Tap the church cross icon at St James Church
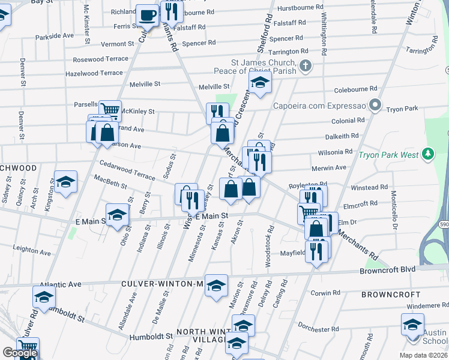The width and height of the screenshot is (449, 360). pos(305,65)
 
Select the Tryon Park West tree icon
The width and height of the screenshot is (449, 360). pos(427,154)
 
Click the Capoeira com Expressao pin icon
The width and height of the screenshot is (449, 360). pos(375,106)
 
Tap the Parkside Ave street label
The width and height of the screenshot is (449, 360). pos(54,36)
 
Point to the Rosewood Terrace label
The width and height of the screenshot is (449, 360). pos(100,59)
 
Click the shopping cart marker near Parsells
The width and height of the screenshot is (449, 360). pos(110,110)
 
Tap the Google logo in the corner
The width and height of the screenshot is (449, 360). pos(19,353)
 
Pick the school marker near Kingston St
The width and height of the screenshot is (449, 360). pos(65,182)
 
